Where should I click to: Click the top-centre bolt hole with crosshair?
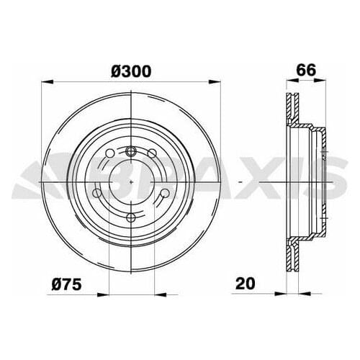coord(130,151)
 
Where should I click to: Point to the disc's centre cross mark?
coord(130,184)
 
